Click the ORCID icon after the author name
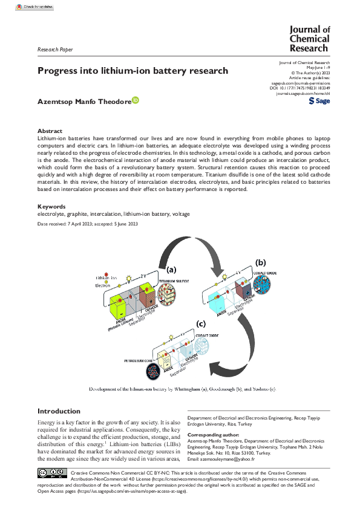point(136,101)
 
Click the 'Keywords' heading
point(52,207)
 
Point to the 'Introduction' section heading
point(59,411)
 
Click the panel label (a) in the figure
point(172,270)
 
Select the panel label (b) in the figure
point(261,263)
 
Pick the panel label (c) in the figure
point(200,324)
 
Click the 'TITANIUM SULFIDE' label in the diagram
point(173,282)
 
